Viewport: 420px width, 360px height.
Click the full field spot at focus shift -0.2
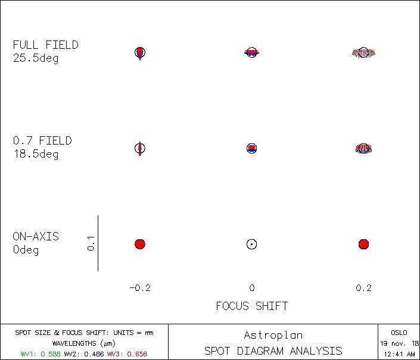140,52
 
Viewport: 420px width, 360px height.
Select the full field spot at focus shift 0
251,52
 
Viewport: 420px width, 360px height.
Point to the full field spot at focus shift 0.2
364,53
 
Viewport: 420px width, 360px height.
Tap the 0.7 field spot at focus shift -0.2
140,148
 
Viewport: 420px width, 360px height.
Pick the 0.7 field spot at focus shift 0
251,148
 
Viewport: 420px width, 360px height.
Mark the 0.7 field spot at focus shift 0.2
364,148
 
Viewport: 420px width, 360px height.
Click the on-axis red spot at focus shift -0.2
140,244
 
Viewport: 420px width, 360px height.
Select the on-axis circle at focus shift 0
251,244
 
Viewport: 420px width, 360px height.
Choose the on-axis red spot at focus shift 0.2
364,244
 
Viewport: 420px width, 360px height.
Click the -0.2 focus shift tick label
140,288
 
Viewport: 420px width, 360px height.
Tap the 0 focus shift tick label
251,288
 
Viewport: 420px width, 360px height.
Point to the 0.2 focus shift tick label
363,288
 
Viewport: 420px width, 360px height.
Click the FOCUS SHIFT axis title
251,306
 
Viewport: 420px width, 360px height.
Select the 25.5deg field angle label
36,59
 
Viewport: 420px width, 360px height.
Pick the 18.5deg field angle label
36,155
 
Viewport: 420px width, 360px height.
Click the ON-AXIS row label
36,236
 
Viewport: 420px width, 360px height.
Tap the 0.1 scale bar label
90,243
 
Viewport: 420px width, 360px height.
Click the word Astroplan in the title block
273,335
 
